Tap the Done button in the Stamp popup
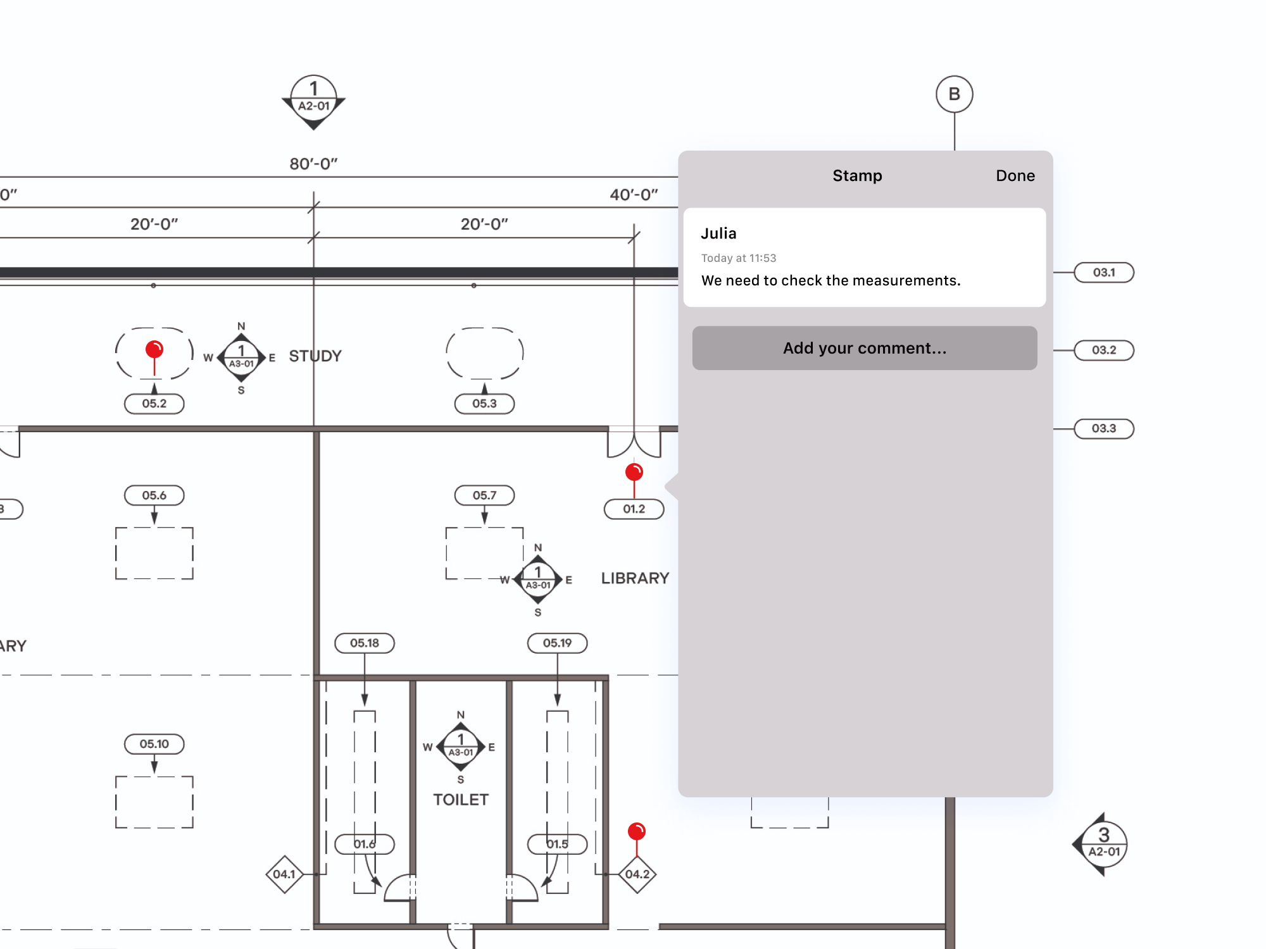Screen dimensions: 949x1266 click(x=1015, y=175)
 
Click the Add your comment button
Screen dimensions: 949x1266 click(x=864, y=348)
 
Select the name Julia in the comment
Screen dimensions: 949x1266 click(x=718, y=233)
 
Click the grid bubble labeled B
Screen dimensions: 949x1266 click(x=954, y=94)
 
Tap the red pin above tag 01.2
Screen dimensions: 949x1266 click(x=634, y=472)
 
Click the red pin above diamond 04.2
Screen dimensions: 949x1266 click(x=636, y=831)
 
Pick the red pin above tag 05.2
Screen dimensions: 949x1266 click(x=154, y=349)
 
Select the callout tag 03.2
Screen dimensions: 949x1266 click(x=1103, y=350)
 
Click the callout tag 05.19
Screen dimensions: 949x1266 click(x=557, y=643)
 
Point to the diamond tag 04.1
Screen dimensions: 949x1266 click(x=284, y=874)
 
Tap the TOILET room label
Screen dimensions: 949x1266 click(x=461, y=800)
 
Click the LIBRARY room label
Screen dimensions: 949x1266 click(x=635, y=578)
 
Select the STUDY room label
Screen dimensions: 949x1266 click(x=315, y=356)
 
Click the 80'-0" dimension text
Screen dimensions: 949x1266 click(x=313, y=164)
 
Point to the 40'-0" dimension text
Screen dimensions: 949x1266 click(x=634, y=195)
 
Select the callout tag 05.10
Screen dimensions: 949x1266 click(x=154, y=744)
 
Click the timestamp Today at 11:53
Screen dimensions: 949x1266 click(x=738, y=258)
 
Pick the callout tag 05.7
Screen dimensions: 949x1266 click(x=484, y=495)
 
